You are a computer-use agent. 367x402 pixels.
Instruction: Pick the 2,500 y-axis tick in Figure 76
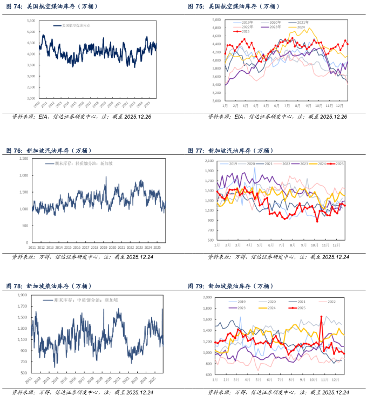[x=23, y=159]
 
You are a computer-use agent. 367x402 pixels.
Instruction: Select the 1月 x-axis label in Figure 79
[x=216, y=380]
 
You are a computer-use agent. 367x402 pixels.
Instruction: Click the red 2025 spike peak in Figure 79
[x=321, y=317]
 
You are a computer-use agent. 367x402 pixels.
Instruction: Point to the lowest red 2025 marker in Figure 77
[x=317, y=221]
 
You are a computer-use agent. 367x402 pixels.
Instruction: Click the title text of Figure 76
[x=59, y=151]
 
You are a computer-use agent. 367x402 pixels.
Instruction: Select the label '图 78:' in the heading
[x=15, y=285]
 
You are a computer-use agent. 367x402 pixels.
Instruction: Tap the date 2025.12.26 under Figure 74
[x=147, y=117]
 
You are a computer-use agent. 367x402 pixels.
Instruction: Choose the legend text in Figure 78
[x=89, y=299]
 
